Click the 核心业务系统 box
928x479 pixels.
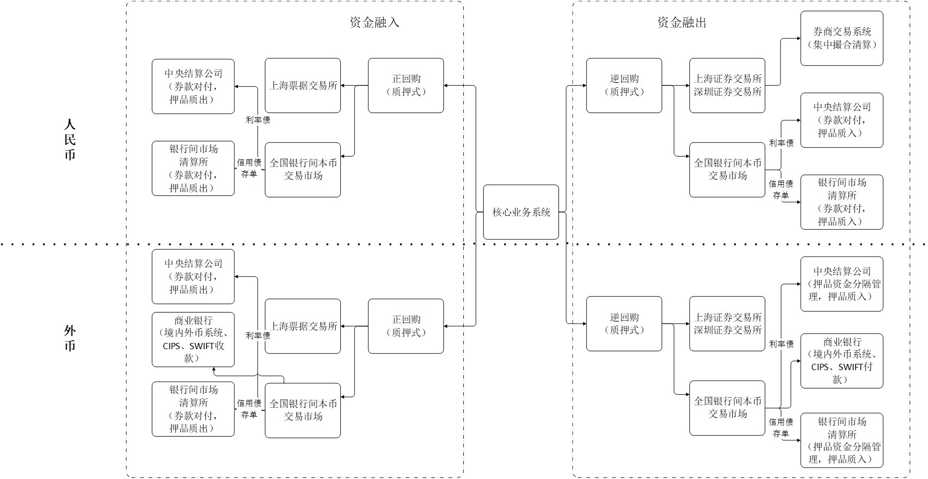[521, 212]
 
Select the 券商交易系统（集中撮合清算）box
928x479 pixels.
[842, 38]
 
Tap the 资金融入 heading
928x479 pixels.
[374, 22]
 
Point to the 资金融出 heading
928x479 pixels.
[682, 22]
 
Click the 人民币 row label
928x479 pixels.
[70, 139]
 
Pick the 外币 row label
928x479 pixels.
[70, 338]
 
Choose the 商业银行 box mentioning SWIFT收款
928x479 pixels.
[193, 339]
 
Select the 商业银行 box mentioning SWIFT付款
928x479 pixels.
[842, 361]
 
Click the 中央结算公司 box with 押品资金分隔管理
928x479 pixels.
[842, 284]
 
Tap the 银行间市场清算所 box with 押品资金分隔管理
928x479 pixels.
[842, 440]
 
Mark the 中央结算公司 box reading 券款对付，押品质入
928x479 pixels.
[842, 120]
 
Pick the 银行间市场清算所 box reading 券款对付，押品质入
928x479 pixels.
[842, 202]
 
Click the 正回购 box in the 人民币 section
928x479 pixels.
[406, 85]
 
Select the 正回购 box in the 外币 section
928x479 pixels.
[406, 326]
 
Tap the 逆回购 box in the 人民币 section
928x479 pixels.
[624, 85]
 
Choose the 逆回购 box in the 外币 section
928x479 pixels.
[624, 324]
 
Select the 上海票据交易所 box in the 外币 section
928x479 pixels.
[303, 326]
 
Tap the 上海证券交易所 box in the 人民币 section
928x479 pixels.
[727, 85]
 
